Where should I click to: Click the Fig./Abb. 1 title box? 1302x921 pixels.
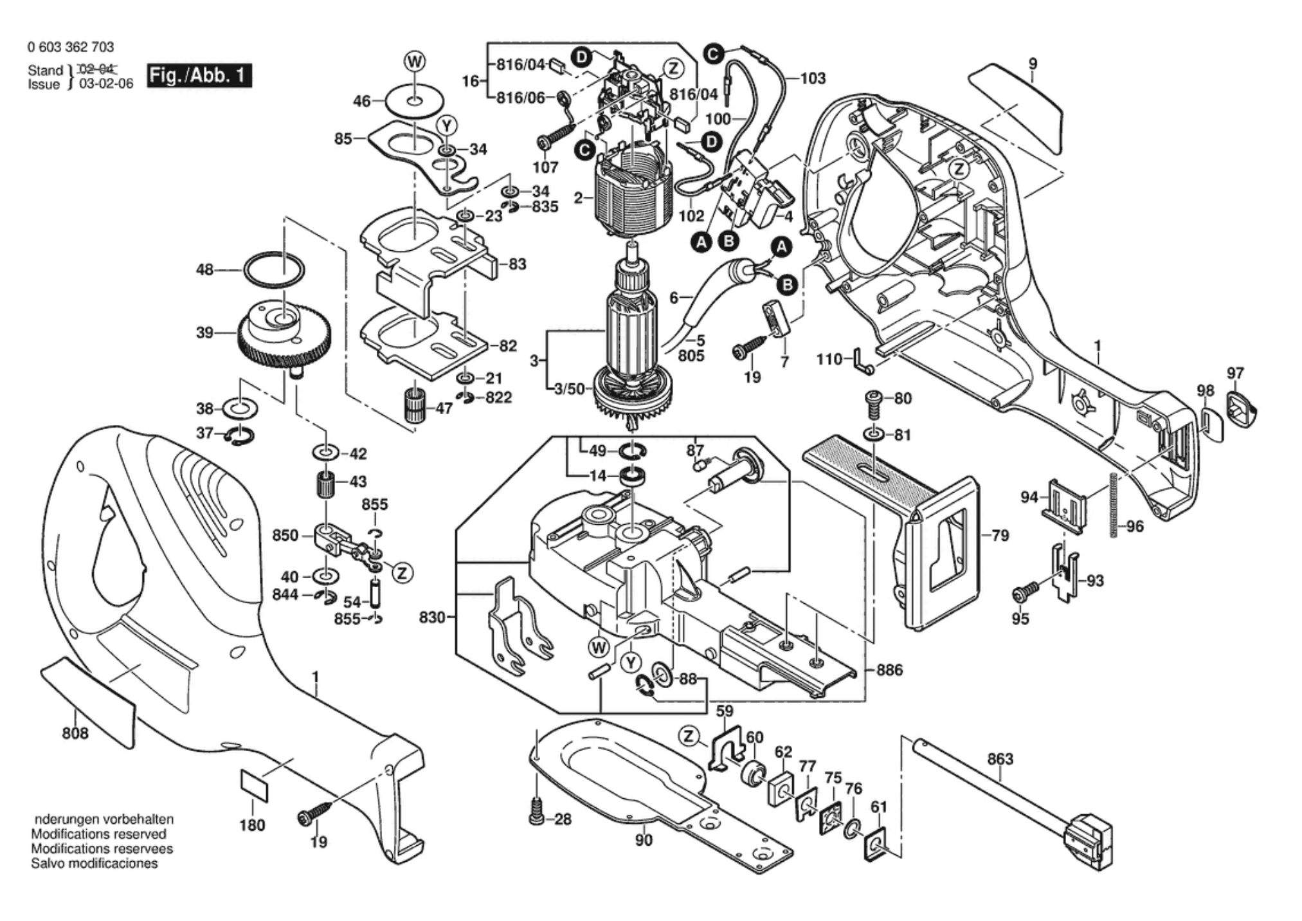pyautogui.click(x=199, y=76)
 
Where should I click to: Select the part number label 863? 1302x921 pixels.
pyautogui.click(x=1000, y=759)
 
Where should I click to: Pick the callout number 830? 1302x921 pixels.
pyautogui.click(x=431, y=617)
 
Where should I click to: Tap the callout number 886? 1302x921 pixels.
pyautogui.click(x=890, y=670)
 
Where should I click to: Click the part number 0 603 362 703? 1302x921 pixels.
pyautogui.click(x=71, y=47)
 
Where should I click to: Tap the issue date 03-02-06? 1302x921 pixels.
pyautogui.click(x=105, y=84)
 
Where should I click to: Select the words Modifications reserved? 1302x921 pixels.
pyautogui.click(x=98, y=834)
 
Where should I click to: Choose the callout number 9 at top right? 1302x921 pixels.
pyautogui.click(x=1033, y=64)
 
